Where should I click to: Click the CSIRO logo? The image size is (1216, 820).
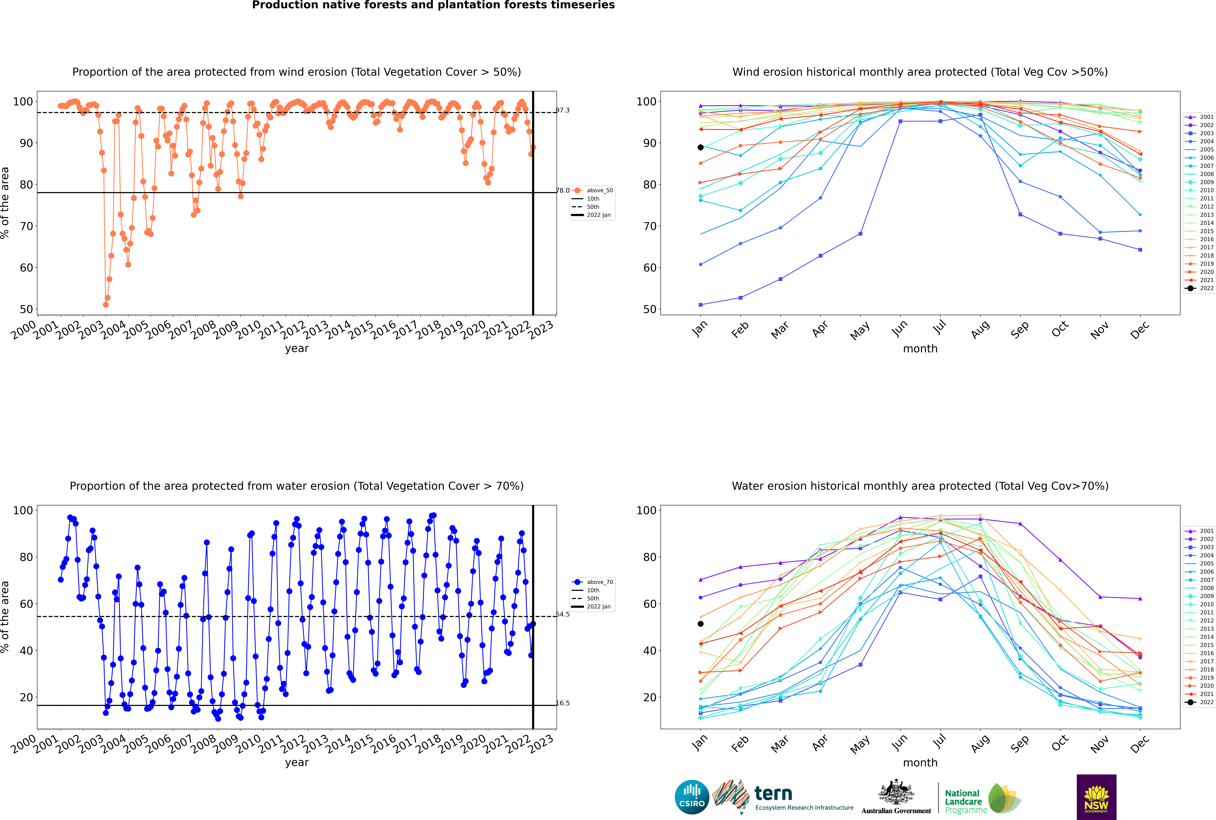pos(692,797)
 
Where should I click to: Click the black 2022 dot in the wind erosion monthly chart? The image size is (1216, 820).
pos(701,147)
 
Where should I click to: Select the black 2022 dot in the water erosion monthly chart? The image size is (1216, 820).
pos(701,624)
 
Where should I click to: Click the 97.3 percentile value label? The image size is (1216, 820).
pos(563,110)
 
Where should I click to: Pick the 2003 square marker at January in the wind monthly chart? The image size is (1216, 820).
pos(701,305)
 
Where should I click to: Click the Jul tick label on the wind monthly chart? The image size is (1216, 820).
pos(939,327)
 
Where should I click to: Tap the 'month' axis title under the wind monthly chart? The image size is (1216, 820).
pos(920,349)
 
